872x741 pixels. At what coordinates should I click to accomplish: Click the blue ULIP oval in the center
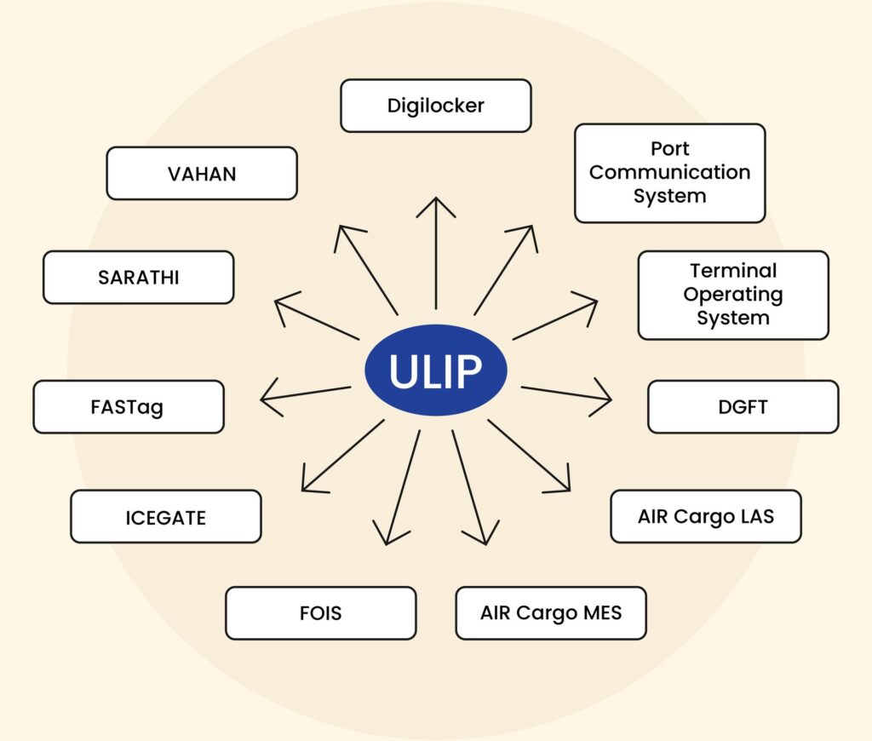(x=435, y=370)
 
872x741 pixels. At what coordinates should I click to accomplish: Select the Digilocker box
(x=435, y=106)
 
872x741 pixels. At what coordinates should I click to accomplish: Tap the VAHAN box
(x=202, y=174)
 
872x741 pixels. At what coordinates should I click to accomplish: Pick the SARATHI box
(x=139, y=277)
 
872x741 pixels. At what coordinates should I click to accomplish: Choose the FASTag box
(x=129, y=406)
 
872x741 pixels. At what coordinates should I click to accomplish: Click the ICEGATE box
(x=166, y=517)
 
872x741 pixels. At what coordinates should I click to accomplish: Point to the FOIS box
(x=321, y=613)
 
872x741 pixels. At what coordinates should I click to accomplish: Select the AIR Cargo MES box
(x=551, y=613)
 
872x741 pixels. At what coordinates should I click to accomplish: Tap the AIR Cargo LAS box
(x=706, y=516)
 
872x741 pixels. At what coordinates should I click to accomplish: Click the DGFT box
(x=743, y=406)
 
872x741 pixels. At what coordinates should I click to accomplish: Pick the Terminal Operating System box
(x=733, y=295)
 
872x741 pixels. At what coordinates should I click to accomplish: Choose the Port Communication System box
(x=670, y=173)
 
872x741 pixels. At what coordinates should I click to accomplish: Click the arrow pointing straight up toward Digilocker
(x=436, y=253)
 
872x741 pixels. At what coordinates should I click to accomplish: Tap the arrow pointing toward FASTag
(x=306, y=394)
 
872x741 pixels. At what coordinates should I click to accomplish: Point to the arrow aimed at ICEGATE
(x=343, y=456)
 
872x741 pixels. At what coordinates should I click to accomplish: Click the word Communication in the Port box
(x=669, y=172)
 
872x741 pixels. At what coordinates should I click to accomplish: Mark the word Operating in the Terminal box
(x=733, y=295)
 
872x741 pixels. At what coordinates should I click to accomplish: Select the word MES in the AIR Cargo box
(x=602, y=612)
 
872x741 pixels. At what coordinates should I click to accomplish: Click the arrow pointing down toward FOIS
(x=403, y=487)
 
